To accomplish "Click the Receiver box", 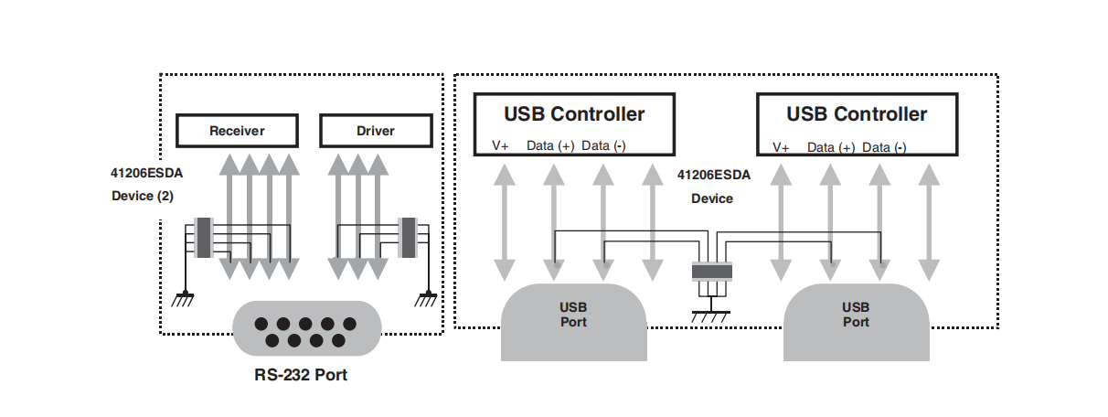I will point(237,131).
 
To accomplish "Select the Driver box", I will point(375,131).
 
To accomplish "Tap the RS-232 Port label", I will point(301,375).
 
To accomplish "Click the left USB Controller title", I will point(574,114).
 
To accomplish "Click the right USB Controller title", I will point(857,114).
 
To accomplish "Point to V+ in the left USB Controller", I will point(501,146).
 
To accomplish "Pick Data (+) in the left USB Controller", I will point(550,146).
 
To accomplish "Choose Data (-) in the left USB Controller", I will point(603,146).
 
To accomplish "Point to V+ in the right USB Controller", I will point(782,147).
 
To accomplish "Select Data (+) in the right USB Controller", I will point(831,147).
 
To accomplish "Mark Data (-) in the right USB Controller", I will point(884,147).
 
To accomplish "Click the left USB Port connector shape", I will point(574,320).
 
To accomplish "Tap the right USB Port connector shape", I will point(856,320).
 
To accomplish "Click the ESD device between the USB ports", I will point(712,271).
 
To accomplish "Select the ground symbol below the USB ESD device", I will point(712,315).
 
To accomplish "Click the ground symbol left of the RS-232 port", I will point(184,297).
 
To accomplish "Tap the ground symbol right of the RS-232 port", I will point(426,297).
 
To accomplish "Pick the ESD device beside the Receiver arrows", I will point(204,238).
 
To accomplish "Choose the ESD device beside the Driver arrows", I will point(408,238).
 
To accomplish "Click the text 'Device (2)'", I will point(142,196).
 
